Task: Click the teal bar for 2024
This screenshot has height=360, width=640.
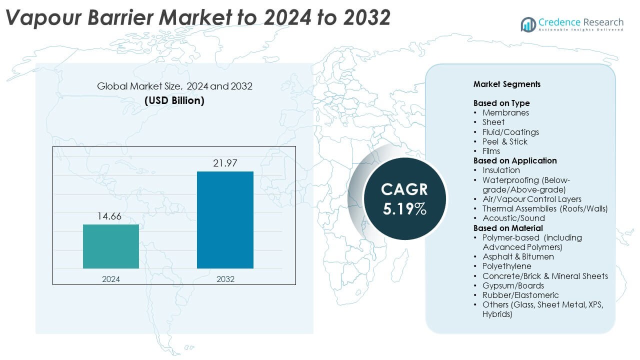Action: pyautogui.click(x=110, y=246)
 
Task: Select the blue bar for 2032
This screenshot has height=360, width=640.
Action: pyautogui.click(x=225, y=219)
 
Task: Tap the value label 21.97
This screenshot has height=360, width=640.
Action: pyautogui.click(x=225, y=163)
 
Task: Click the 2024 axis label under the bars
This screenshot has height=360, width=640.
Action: pyautogui.click(x=110, y=278)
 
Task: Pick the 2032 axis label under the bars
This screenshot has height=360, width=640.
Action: pyautogui.click(x=225, y=278)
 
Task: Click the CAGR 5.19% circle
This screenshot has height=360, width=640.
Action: pyautogui.click(x=404, y=199)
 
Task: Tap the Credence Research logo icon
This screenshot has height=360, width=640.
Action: pyautogui.click(x=528, y=24)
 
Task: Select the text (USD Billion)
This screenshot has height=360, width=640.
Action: pyautogui.click(x=174, y=100)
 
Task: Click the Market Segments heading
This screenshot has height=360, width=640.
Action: pyautogui.click(x=507, y=84)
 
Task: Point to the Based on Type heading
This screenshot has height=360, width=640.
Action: pyautogui.click(x=501, y=103)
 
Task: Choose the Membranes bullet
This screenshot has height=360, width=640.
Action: pyautogui.click(x=505, y=112)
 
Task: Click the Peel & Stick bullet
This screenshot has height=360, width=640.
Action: pyautogui.click(x=505, y=141)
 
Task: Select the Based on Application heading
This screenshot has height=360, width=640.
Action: pyautogui.click(x=515, y=160)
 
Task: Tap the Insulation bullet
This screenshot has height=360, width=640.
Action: pyautogui.click(x=501, y=170)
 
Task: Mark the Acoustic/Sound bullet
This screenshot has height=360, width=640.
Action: pyautogui.click(x=513, y=218)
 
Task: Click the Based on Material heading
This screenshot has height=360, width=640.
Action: pyautogui.click(x=508, y=228)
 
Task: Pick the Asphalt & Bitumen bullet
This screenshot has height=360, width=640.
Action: pyautogui.click(x=518, y=256)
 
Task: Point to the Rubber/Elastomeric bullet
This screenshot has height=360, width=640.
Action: pyautogui.click(x=520, y=295)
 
